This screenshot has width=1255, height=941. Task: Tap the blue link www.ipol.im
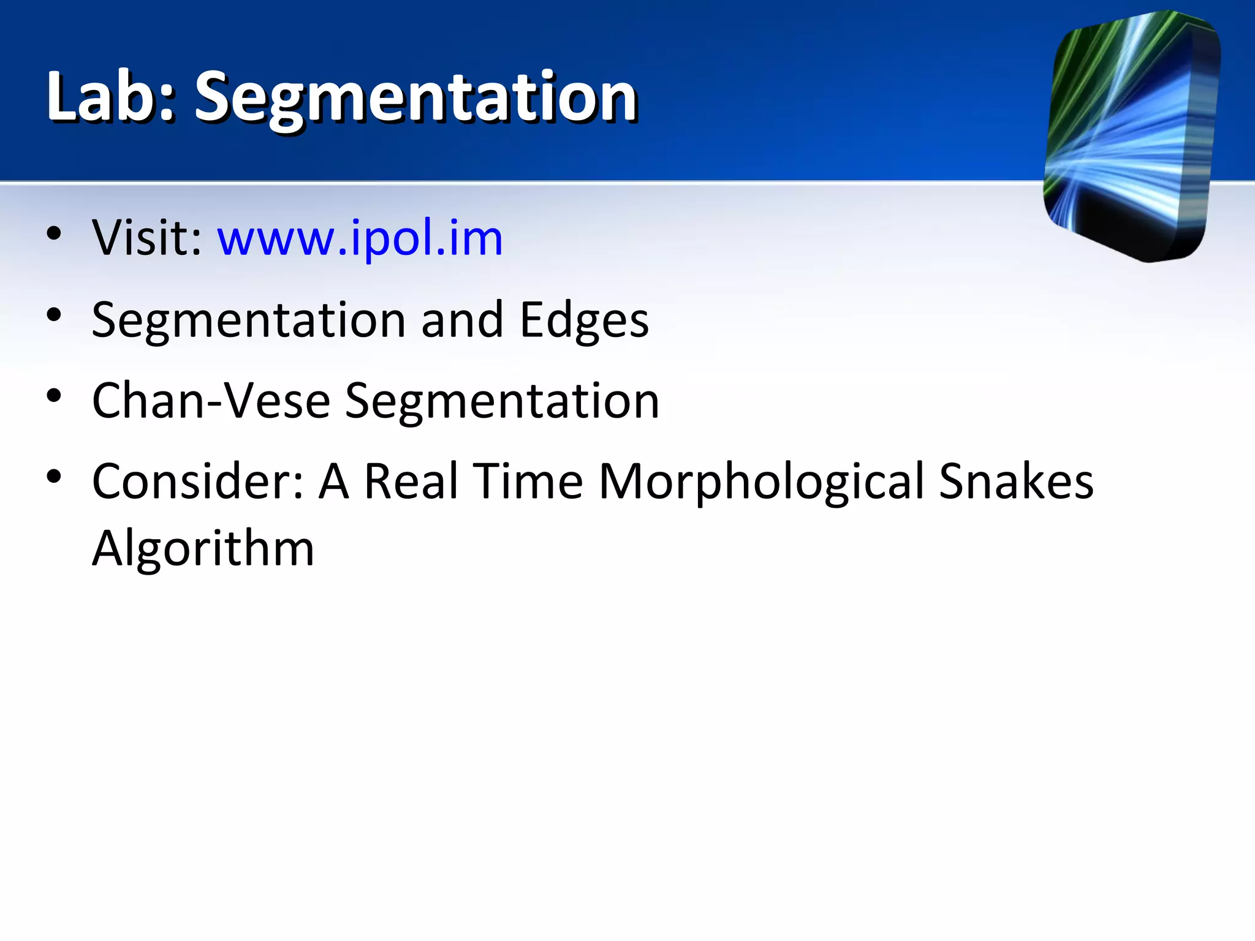(360, 238)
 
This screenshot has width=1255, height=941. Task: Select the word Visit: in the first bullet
(147, 238)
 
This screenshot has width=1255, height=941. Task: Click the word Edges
(584, 320)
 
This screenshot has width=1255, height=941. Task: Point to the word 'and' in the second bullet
(462, 320)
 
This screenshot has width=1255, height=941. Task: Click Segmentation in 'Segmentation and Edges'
(248, 320)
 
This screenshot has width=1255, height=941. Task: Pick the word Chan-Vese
(211, 401)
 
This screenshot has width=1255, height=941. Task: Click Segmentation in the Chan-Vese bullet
(502, 401)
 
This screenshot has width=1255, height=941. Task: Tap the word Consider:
(197, 482)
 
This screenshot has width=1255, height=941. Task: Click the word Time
(528, 482)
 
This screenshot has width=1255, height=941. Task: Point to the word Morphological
(760, 482)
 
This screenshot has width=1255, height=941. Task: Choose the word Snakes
(1016, 482)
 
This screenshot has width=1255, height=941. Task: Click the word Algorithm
(203, 548)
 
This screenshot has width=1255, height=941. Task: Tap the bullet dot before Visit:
(54, 233)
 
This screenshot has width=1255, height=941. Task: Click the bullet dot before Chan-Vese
(54, 396)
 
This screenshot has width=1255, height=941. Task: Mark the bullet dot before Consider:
(54, 477)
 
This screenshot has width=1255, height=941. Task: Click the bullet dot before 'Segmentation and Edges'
(54, 316)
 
